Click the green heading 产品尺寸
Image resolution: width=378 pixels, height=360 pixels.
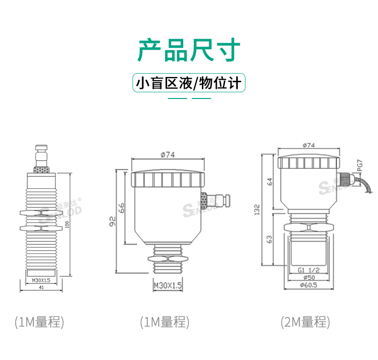tap(189, 50)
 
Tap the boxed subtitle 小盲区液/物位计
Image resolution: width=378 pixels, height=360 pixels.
tap(189, 84)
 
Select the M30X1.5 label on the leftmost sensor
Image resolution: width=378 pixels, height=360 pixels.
tap(41, 280)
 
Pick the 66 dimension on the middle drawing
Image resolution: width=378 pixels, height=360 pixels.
tap(122, 208)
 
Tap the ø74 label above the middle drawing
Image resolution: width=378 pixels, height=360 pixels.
tap(168, 155)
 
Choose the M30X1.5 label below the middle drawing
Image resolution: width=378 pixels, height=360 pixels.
tap(168, 285)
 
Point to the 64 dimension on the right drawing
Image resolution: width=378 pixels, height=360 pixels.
tap(269, 182)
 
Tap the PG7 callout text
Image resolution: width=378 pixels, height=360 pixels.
tap(360, 166)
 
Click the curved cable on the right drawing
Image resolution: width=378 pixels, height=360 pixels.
tap(364, 186)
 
